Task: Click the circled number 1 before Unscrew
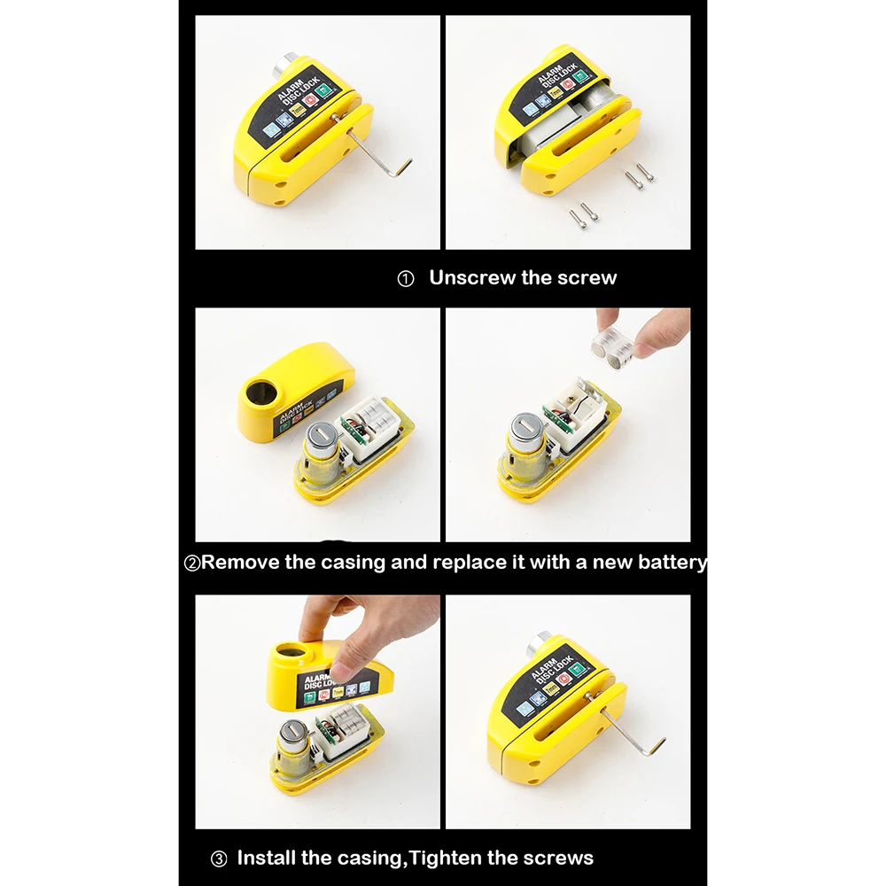tap(406, 279)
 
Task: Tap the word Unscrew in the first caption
tap(471, 277)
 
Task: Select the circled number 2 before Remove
tap(191, 563)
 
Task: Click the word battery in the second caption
tap(672, 562)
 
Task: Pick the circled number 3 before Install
tap(219, 859)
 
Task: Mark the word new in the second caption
tap(607, 562)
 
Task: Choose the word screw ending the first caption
tap(587, 277)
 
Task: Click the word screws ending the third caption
tap(559, 858)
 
